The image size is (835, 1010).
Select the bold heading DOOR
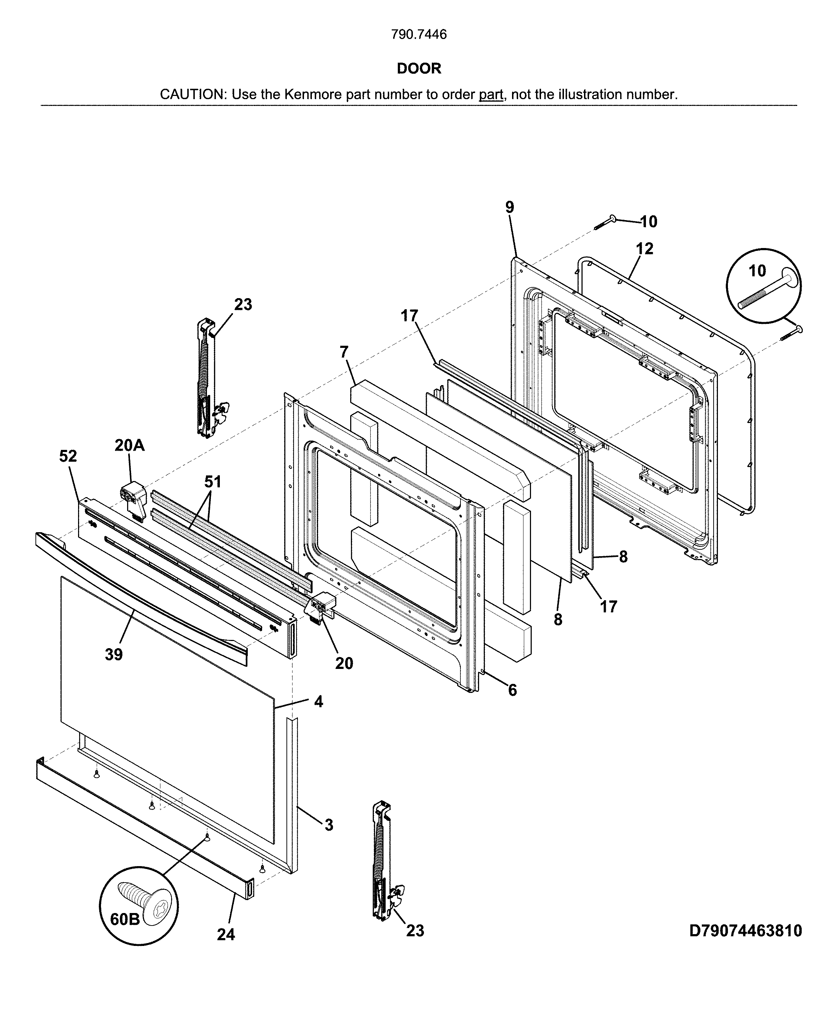tap(419, 69)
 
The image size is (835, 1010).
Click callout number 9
tap(510, 207)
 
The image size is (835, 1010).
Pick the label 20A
tap(129, 445)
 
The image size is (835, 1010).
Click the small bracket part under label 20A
tap(133, 500)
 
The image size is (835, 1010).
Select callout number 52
tap(68, 456)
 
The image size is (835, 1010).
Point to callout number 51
tap(213, 482)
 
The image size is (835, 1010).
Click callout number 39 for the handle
tap(114, 654)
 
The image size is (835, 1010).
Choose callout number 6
tap(512, 690)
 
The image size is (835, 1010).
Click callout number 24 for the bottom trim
tap(226, 934)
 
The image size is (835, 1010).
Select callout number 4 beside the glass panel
tap(318, 701)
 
